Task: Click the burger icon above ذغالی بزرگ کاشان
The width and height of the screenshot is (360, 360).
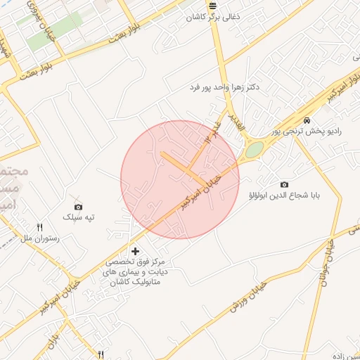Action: click(213, 5)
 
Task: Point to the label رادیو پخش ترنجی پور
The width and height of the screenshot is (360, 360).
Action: click(307, 131)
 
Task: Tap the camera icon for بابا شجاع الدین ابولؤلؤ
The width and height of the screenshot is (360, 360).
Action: click(284, 184)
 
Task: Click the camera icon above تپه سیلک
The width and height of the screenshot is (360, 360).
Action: click(78, 207)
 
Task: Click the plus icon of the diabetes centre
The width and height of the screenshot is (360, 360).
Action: click(135, 251)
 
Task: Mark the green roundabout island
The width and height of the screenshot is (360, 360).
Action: click(254, 150)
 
